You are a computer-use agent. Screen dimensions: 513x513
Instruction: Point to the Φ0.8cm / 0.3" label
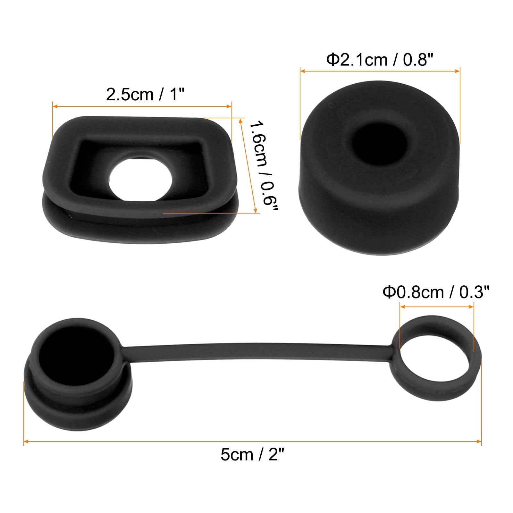click(x=436, y=292)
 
